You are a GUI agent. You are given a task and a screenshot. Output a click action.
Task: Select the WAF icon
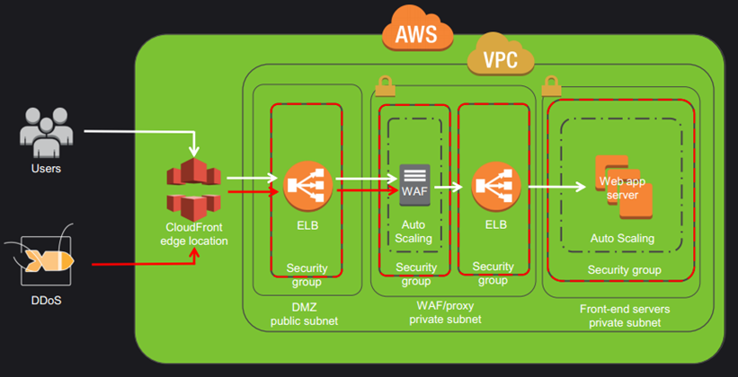coord(414,187)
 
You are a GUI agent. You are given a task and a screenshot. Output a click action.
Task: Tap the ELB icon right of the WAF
coord(493,187)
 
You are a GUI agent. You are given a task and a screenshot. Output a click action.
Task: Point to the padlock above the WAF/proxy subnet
coord(386,85)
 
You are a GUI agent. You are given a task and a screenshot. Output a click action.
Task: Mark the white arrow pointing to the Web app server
coord(557,188)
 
